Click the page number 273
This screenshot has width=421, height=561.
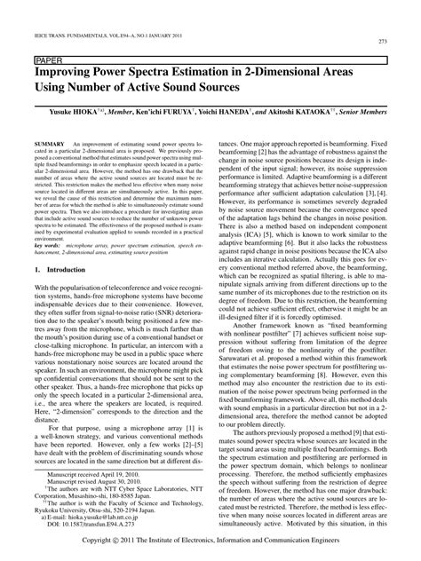(385, 41)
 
